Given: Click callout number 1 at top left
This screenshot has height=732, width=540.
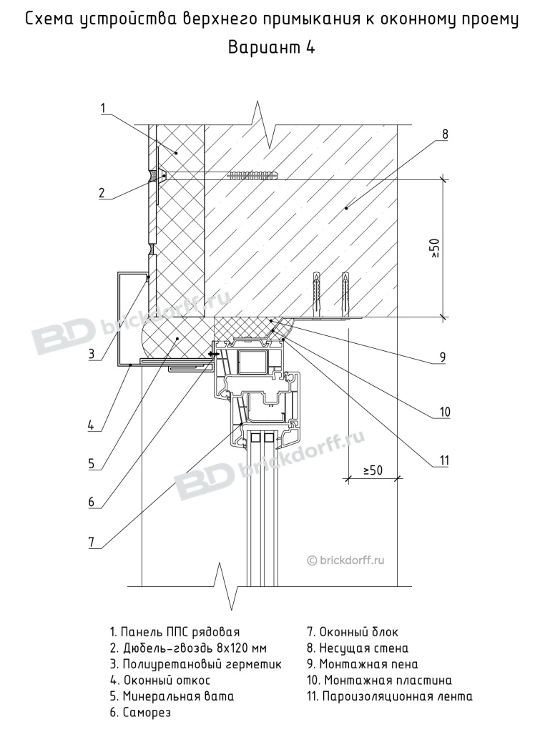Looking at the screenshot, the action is [103, 109].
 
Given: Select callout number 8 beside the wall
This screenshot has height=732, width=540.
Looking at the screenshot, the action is [445, 134].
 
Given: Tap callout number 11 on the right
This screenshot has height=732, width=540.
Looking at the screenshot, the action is [443, 461].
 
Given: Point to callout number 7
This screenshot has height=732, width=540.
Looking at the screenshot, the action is [92, 542].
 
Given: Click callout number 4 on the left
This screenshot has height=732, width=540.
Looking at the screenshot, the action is [91, 425].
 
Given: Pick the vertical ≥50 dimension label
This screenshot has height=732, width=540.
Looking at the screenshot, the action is [434, 248].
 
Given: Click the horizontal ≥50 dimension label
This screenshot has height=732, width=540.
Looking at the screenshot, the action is [373, 470].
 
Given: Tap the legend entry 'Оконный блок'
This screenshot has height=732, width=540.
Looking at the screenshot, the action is [353, 632].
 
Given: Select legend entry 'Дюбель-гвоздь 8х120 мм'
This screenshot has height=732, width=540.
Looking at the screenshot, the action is [188, 648].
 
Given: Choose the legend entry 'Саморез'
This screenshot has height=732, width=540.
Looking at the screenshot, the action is [140, 713].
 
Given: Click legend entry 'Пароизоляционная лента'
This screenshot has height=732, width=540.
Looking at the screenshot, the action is [390, 696].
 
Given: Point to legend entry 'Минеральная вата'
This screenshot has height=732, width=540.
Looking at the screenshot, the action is [172, 696].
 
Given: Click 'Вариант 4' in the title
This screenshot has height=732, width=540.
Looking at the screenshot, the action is [271, 47].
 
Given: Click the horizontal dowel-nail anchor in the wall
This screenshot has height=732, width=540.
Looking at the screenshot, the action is [219, 176].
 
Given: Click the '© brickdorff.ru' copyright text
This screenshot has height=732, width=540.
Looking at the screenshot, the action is [345, 560].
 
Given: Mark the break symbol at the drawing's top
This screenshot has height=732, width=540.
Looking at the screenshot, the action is [263, 123].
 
